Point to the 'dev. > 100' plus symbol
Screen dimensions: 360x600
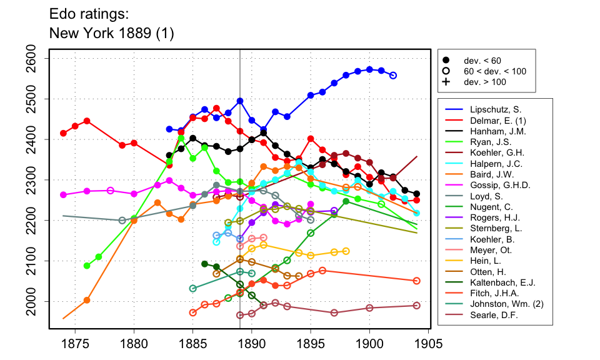pos(446,82)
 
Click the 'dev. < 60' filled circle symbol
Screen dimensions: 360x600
pos(446,61)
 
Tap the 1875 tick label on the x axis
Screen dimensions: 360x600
pos(75,344)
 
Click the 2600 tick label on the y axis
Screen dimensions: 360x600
pos(36,59)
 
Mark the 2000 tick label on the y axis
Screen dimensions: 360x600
pos(36,301)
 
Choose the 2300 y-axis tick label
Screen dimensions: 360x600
pos(36,180)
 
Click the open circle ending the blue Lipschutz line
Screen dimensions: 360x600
pos(393,76)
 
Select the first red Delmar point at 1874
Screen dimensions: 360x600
pos(63,133)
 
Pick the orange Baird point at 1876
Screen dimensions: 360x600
pos(87,300)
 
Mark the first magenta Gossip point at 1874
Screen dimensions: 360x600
pos(63,195)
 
